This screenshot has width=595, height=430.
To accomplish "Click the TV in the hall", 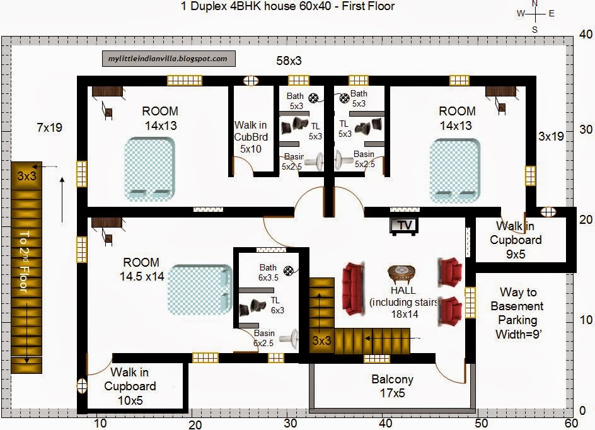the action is click(404, 226).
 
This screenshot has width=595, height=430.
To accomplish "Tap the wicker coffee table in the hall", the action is click(402, 274).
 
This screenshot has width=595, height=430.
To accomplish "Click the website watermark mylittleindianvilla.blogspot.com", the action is click(168, 59).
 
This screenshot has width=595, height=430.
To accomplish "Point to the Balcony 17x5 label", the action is click(393, 386).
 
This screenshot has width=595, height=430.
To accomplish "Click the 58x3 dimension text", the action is click(289, 61).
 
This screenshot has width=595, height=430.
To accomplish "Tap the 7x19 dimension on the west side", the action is click(49, 127).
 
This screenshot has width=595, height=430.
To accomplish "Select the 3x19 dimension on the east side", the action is click(551, 136).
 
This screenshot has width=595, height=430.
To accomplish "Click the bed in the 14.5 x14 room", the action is click(200, 289).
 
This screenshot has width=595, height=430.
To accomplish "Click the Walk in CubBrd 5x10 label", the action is click(251, 137).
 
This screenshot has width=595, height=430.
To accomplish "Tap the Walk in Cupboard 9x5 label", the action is click(516, 240).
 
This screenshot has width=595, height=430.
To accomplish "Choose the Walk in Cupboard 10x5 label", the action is click(130, 386).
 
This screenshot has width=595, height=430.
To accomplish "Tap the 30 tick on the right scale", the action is click(586, 129).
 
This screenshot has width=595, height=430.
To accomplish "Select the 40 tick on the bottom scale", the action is click(386, 423).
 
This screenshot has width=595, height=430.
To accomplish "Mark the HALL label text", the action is click(403, 290).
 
